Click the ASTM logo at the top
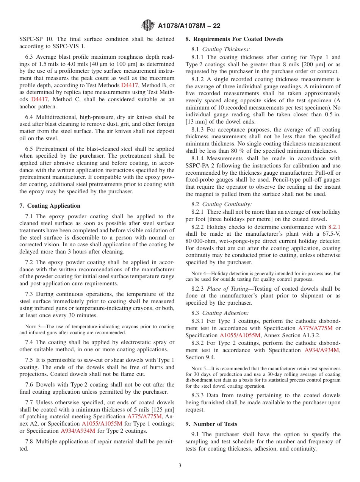click(x=148, y=25)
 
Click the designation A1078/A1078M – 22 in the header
click(x=189, y=26)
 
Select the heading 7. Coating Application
click(x=50, y=206)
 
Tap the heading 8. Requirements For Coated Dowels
click(x=234, y=39)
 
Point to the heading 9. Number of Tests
click(x=211, y=424)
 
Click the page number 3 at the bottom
click(x=180, y=465)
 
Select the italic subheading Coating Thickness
click(x=226, y=49)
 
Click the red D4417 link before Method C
click(x=39, y=99)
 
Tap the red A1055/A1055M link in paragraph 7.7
click(x=102, y=423)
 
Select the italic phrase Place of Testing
click(x=227, y=289)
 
